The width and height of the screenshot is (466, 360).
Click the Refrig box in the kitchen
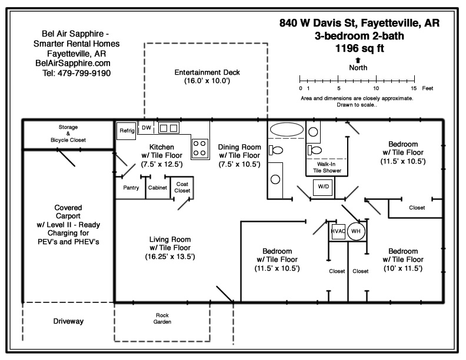click(127, 131)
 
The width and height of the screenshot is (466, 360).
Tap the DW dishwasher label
click(147, 127)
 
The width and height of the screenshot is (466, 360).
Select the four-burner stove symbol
click(200, 147)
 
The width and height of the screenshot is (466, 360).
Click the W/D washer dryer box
click(323, 186)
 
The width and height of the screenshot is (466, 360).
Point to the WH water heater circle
click(356, 231)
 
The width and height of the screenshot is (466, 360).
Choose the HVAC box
click(338, 231)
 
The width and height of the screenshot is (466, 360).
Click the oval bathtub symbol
click(287, 129)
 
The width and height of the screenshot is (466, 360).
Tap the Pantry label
click(131, 188)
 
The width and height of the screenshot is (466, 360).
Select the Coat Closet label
click(182, 187)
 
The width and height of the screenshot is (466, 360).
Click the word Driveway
click(68, 321)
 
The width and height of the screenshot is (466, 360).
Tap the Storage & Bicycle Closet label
click(68, 134)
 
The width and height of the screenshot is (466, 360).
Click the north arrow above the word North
click(358, 59)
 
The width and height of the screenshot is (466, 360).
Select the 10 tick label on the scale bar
click(376, 88)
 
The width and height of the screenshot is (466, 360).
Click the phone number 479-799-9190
click(76, 74)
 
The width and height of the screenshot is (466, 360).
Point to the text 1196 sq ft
click(360, 49)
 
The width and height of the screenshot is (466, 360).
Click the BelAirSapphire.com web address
click(73, 64)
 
